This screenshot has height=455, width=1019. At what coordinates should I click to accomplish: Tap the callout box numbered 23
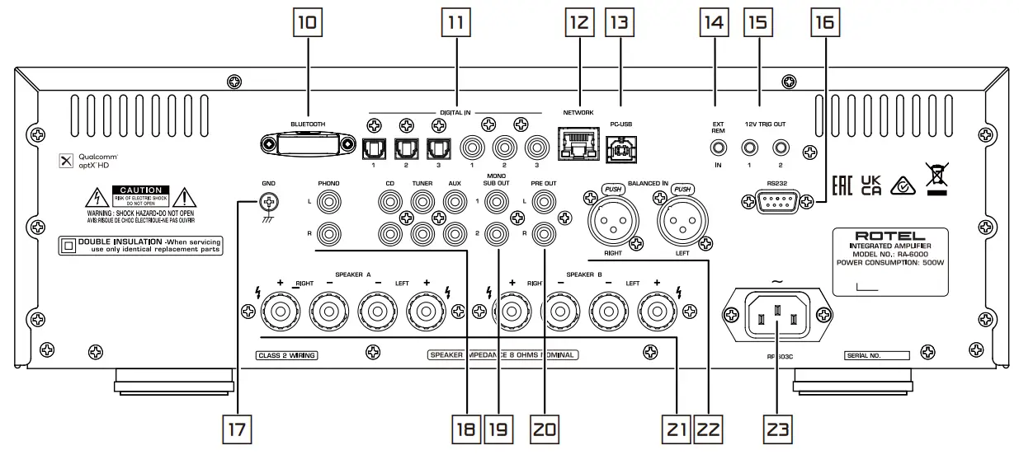tap(777, 430)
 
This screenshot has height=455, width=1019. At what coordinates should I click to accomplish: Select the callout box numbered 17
tap(238, 430)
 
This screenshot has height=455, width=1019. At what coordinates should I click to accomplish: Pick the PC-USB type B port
tap(620, 147)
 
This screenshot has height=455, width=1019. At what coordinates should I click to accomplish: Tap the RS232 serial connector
tap(774, 199)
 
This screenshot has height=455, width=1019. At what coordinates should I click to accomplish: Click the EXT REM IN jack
tap(718, 149)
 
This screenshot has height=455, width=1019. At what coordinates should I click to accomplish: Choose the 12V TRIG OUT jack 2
tap(779, 149)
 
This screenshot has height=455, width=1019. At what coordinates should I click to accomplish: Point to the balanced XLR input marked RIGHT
tap(611, 220)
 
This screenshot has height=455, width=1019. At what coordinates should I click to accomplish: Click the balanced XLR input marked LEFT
tap(682, 220)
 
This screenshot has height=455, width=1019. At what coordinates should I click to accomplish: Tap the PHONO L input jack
tap(328, 201)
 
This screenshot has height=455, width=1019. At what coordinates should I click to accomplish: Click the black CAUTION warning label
tap(140, 195)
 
